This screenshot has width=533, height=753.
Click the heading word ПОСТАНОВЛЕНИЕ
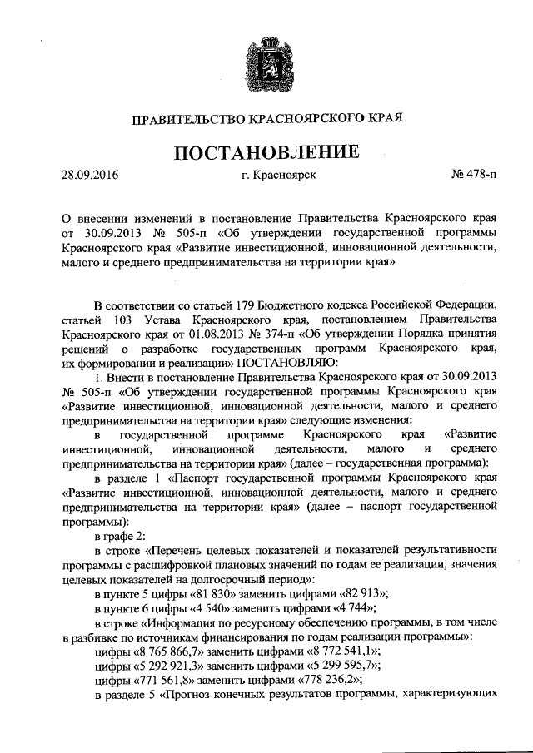[266, 152]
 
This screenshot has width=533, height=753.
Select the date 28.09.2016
[91, 176]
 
